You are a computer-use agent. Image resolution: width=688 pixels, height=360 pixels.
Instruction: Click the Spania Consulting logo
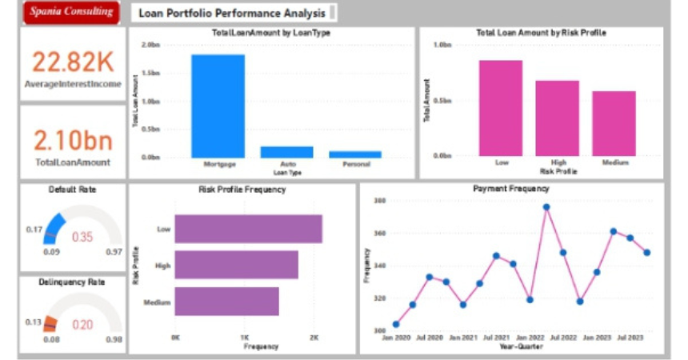[x=71, y=12]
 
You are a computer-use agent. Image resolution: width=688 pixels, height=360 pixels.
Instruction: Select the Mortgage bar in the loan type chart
[x=218, y=106]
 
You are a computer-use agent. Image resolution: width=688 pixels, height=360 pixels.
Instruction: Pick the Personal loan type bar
[x=355, y=154]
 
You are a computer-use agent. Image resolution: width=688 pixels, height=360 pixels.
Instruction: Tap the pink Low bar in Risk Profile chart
[x=501, y=108]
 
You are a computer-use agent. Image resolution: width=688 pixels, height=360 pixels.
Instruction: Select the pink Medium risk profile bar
[x=614, y=123]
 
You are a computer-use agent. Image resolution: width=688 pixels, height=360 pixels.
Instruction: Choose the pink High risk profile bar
[x=557, y=118]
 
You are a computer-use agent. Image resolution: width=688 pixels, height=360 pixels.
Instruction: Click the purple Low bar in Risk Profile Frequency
[x=248, y=229]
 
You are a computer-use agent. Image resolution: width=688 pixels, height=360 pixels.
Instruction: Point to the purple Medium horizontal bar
[x=226, y=302]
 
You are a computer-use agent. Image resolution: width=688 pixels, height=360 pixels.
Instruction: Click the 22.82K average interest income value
[x=72, y=62]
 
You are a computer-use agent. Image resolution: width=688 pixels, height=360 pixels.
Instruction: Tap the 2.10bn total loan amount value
[x=72, y=141]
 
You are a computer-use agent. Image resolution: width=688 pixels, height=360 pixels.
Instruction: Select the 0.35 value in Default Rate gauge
[x=82, y=237]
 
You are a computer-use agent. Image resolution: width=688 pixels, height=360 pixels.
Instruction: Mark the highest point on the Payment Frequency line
[x=546, y=207]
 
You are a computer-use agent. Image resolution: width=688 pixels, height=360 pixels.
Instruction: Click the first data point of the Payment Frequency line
[x=396, y=324]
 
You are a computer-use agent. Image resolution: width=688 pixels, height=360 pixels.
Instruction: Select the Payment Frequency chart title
[x=510, y=189]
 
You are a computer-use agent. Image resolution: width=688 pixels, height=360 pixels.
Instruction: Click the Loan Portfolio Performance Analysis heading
[x=232, y=13]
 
